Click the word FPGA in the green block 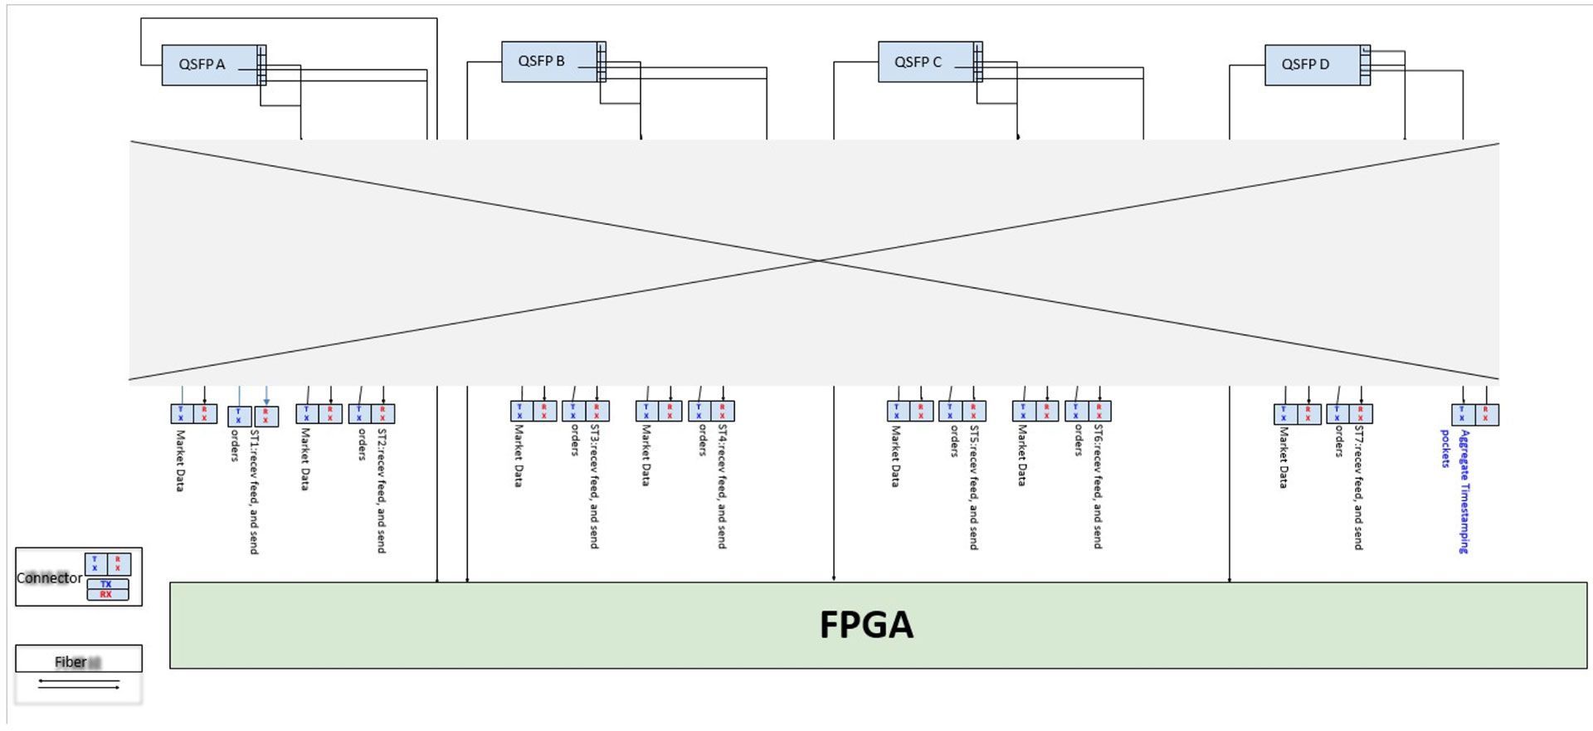(x=865, y=625)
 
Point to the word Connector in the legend (x=49, y=578)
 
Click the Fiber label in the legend (x=71, y=661)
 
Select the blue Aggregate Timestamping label (x=1464, y=491)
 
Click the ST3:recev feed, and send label (x=594, y=487)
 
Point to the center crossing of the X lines (x=818, y=261)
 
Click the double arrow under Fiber (x=79, y=685)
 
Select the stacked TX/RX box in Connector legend (x=107, y=589)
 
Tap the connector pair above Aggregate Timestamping (x=1474, y=414)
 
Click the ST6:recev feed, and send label (x=1098, y=487)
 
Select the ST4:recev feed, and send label (x=722, y=487)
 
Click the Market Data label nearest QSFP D (x=1284, y=457)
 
